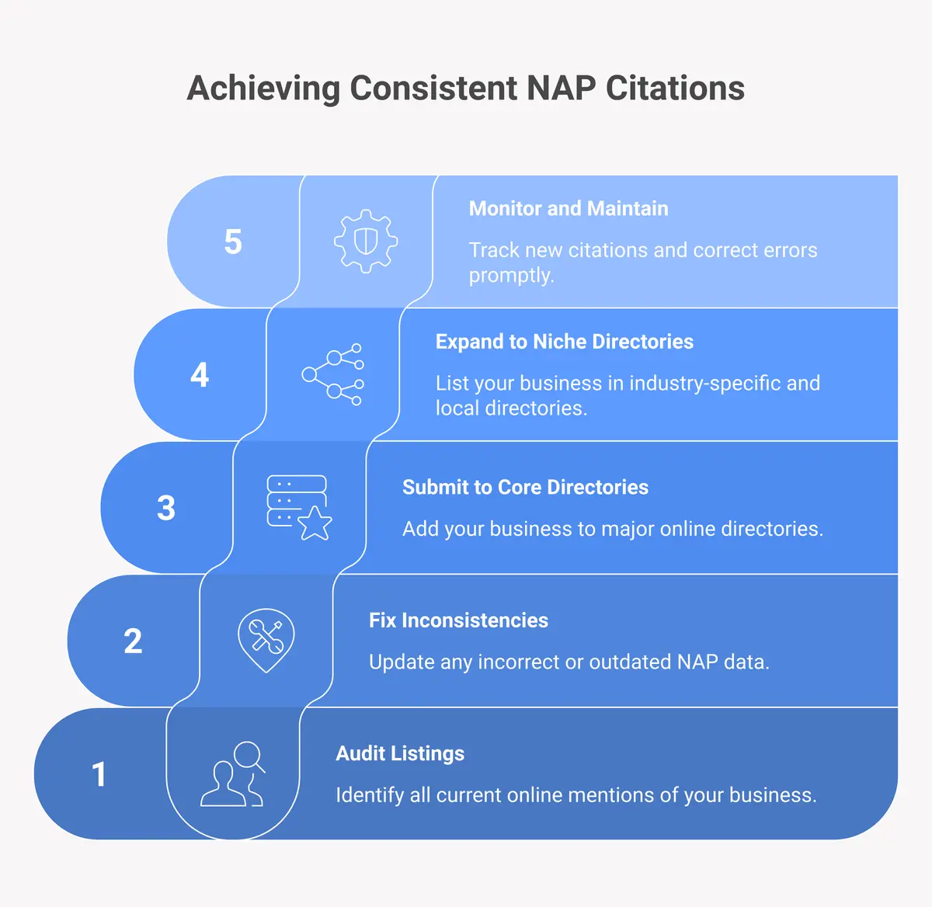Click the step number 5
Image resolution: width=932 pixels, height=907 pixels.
(233, 242)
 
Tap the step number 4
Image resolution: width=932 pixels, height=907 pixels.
(200, 375)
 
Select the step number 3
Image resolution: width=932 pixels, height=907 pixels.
(166, 508)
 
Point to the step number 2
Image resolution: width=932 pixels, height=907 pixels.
(133, 641)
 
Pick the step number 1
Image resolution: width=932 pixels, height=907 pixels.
(99, 774)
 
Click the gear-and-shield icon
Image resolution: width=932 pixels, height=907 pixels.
(366, 241)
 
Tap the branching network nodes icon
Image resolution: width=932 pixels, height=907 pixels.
(333, 374)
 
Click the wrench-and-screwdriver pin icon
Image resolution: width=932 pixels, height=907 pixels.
(266, 640)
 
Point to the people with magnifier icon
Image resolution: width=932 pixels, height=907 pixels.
(233, 774)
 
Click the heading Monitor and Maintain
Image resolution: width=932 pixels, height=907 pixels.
(569, 208)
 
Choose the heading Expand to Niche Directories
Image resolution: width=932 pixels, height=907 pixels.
(564, 342)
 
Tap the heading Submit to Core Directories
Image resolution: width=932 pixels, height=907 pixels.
(525, 487)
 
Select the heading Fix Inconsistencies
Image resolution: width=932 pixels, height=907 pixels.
(458, 620)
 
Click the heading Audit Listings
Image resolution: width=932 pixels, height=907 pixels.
(400, 753)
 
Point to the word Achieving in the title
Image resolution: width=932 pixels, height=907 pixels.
(263, 88)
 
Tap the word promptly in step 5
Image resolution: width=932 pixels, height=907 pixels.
(511, 276)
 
